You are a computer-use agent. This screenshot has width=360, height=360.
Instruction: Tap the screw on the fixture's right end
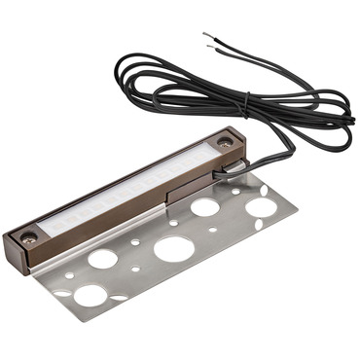click(x=224, y=143)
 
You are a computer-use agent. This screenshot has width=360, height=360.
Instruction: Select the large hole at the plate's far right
click(x=260, y=206)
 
